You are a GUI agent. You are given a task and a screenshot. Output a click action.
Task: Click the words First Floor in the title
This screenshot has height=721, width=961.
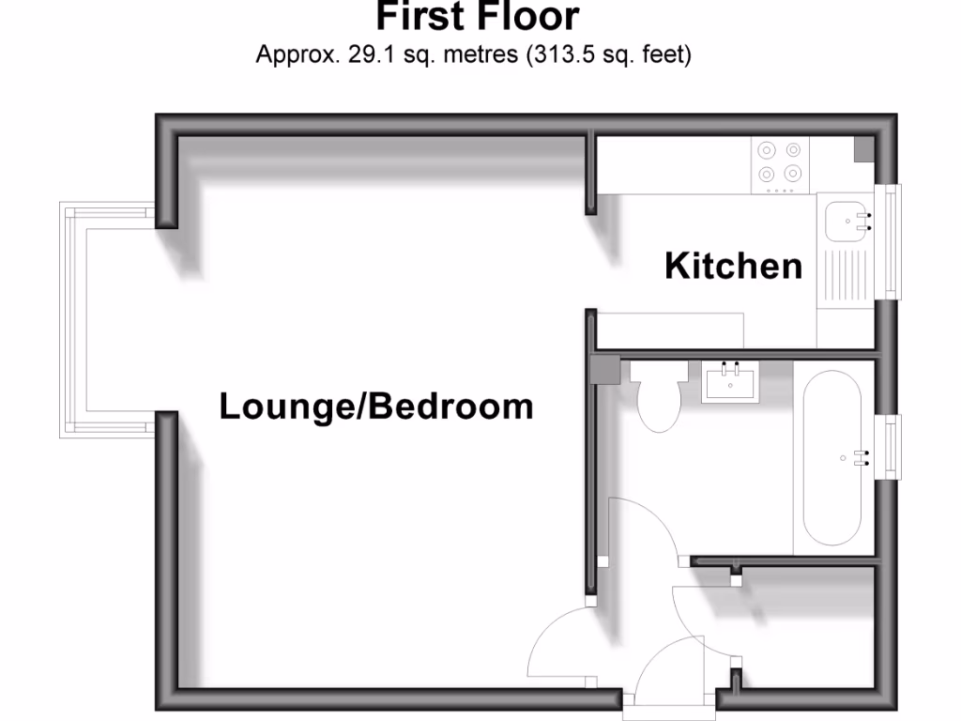pos(478,17)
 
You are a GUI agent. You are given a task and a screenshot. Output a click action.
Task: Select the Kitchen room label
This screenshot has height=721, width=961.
pos(733,267)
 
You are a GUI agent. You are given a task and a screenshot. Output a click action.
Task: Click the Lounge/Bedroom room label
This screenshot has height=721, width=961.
pos(375,407)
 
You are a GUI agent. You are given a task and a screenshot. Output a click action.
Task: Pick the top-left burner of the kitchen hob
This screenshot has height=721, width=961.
pos(767,149)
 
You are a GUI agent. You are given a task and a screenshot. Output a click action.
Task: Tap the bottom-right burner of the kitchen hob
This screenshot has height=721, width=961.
pos(793,173)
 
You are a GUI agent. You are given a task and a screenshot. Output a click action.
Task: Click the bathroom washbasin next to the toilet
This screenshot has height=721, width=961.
pos(731,382)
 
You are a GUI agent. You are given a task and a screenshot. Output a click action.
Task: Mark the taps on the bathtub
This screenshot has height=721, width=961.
pos(862,457)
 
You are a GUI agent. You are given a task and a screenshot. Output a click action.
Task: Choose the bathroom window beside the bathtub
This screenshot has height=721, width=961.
pos(890,446)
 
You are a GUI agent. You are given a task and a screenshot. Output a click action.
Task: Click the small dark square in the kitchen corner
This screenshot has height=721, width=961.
pos(862,149)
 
